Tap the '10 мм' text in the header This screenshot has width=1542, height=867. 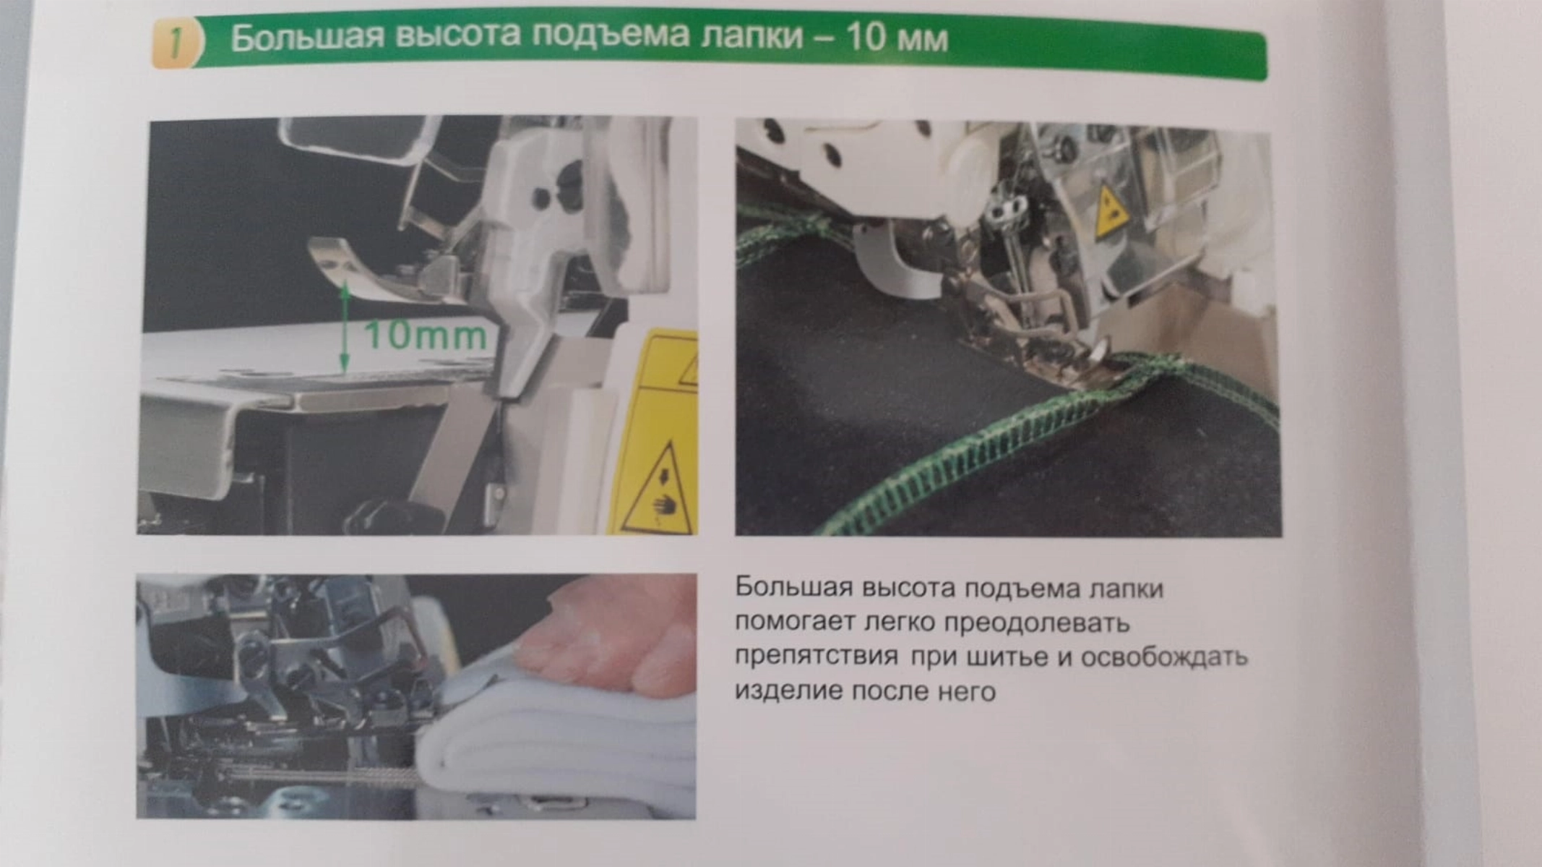(896, 38)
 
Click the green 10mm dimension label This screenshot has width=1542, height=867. (425, 336)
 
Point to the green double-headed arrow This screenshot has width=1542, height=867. (345, 327)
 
